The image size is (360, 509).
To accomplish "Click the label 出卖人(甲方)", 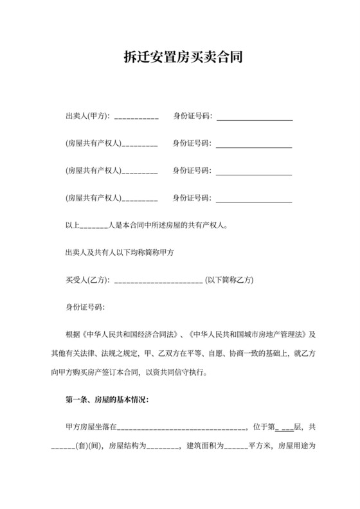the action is click(x=87, y=116).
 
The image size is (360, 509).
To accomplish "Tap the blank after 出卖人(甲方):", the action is click(x=136, y=118).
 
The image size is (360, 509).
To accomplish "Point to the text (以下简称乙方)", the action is click(x=230, y=280).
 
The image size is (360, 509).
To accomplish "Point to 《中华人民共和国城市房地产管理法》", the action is click(x=250, y=335).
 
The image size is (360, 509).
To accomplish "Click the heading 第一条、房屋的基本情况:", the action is click(x=107, y=400).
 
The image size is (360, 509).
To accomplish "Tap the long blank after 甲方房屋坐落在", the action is click(x=181, y=428).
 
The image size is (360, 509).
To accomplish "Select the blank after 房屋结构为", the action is click(x=163, y=447).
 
